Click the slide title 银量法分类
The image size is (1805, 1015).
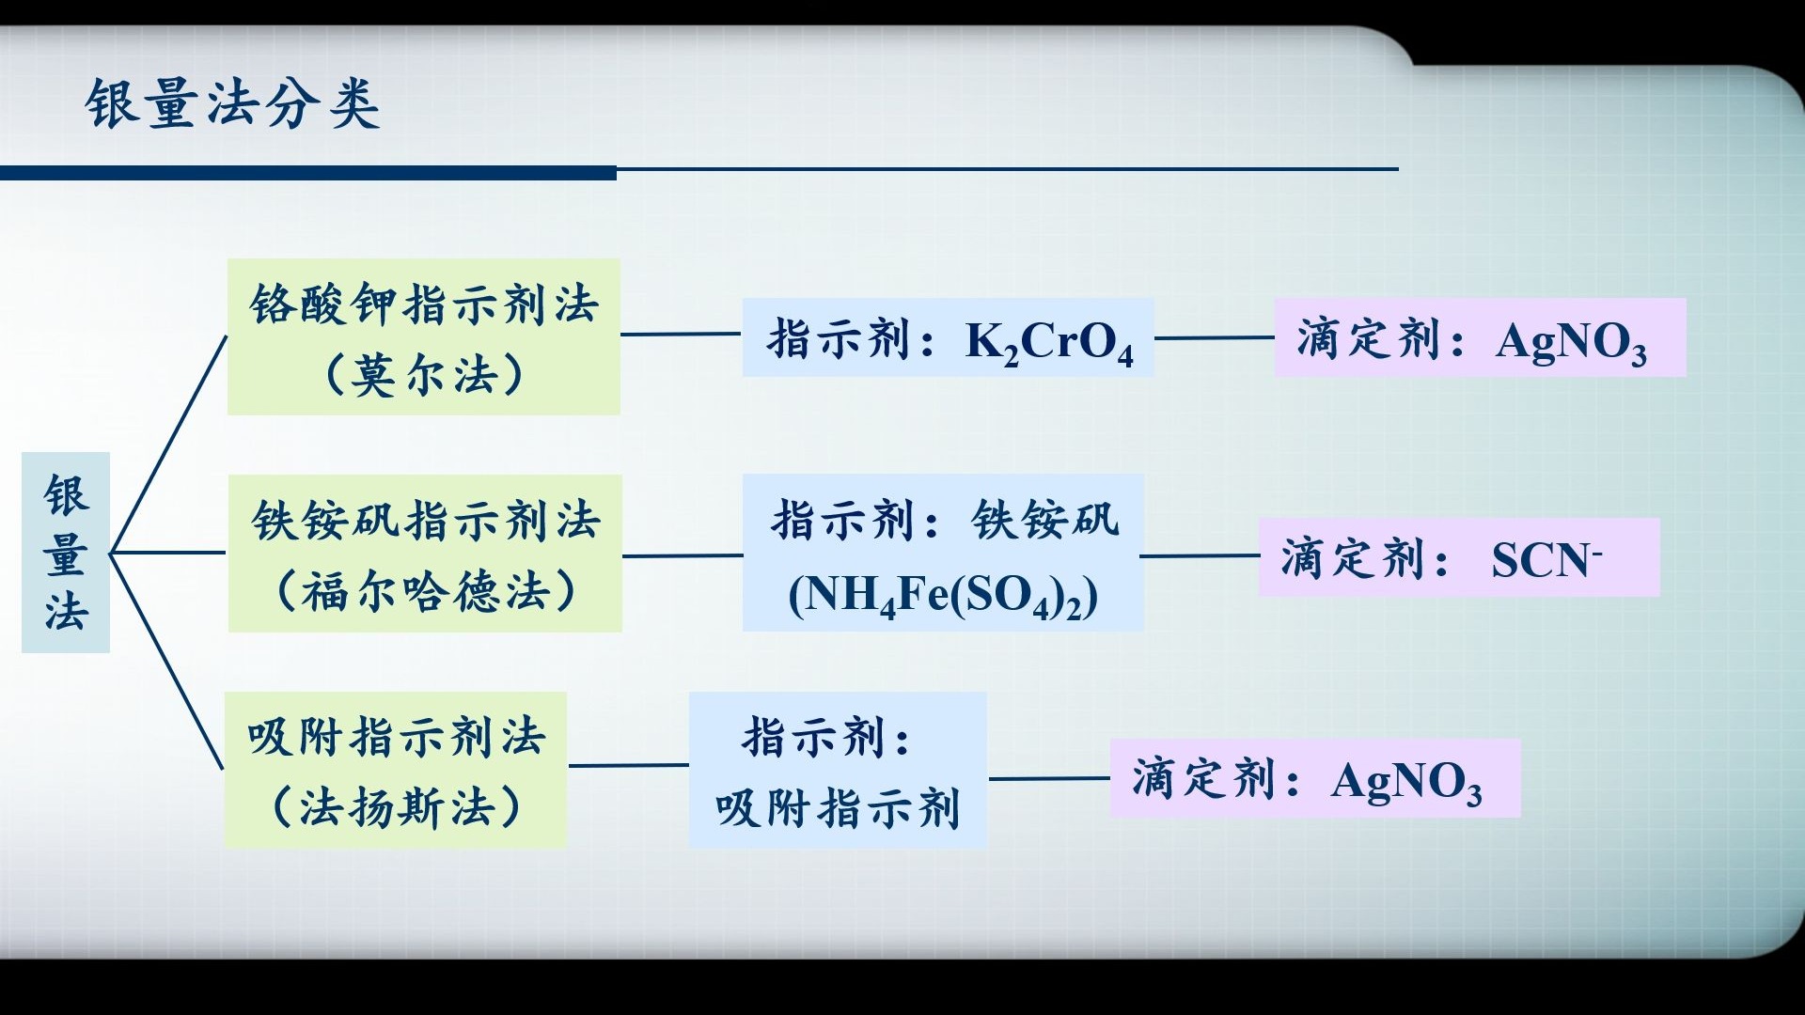[x=232, y=103]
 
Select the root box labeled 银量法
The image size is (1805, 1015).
[x=66, y=553]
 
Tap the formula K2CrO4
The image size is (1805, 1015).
[x=1049, y=342]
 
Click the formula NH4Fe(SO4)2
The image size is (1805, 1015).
[x=943, y=596]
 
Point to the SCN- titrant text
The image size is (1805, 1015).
[x=1546, y=560]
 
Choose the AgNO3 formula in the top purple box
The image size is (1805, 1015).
[x=1571, y=342]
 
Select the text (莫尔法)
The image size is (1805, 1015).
[x=424, y=375]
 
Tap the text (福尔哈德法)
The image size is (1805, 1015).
[x=425, y=592]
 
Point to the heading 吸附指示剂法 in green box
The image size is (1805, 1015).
[x=396, y=737]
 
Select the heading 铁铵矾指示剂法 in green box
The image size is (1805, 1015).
[x=425, y=520]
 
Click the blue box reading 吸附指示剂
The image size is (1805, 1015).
[x=838, y=808]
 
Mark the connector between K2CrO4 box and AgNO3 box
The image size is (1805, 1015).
[x=1214, y=337]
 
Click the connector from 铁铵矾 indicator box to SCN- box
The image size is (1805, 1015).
[x=1201, y=555]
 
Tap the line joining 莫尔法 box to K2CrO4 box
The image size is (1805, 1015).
[x=681, y=334]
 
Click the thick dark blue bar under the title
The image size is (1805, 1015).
[x=308, y=173]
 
